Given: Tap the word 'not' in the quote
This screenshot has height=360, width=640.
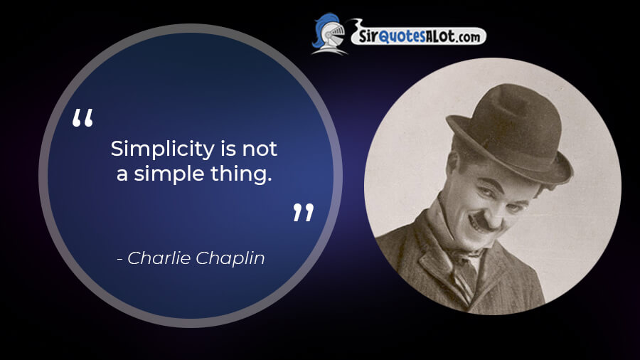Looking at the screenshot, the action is (x=260, y=149).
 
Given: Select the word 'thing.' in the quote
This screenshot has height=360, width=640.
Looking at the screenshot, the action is (x=241, y=175).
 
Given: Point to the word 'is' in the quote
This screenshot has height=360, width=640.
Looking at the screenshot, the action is (x=228, y=148).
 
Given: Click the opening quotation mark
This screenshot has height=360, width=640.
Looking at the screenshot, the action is (x=82, y=117).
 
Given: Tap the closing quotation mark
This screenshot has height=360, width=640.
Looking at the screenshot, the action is (x=303, y=212).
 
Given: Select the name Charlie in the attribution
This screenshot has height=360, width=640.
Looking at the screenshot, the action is (x=159, y=258).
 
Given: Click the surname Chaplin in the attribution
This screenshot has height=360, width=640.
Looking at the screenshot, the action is (x=230, y=259).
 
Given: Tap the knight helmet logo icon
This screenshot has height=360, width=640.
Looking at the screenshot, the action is (x=329, y=34).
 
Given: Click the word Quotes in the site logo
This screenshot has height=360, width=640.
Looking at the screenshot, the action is (x=402, y=36).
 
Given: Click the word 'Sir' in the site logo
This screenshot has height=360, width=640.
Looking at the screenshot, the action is (x=368, y=37).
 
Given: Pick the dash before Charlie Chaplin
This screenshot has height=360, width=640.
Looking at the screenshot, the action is (x=120, y=259).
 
